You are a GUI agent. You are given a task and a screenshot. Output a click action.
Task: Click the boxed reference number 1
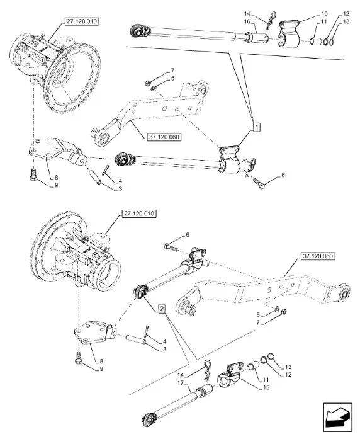coord(257,127)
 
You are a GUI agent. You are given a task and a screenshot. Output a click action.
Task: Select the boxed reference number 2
coord(162,309)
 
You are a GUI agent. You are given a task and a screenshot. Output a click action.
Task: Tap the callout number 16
coord(247,21)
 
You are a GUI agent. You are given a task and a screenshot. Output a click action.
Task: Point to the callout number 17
coord(180,382)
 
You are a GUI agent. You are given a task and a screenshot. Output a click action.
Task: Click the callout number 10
coord(324,14)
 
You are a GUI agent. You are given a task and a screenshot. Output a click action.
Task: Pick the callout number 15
coord(266,387)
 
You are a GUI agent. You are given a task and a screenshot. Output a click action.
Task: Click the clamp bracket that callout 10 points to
coord(289,35)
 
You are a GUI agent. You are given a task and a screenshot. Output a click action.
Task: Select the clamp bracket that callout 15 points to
coord(229,375)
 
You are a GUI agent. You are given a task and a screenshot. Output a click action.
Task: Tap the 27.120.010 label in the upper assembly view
coord(82,21)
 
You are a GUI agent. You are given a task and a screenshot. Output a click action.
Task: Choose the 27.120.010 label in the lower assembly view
coord(139,214)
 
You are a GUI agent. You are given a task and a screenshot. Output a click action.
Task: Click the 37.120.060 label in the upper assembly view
coord(164,137)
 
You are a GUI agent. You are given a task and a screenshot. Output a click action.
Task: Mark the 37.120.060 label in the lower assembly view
coord(318,256)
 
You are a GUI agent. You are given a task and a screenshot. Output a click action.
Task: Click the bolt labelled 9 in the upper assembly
coord(33,175)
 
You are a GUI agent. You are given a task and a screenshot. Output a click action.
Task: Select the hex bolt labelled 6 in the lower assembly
coord(171,248)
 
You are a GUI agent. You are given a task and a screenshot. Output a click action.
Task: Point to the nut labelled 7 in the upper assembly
coord(148,83)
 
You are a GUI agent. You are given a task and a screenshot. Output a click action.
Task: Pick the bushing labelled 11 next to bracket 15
coord(252,366)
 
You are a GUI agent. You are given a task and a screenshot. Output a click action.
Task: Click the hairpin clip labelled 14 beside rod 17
coord(207,371)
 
